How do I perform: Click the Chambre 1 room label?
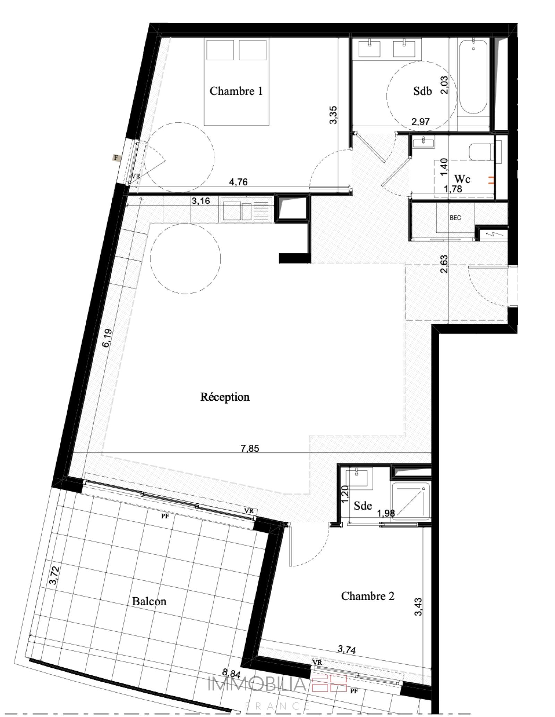pyautogui.click(x=236, y=91)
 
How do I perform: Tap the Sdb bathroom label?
pyautogui.click(x=422, y=91)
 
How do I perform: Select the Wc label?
pyautogui.click(x=462, y=179)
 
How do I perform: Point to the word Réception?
pyautogui.click(x=225, y=397)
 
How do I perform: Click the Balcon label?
pyautogui.click(x=149, y=601)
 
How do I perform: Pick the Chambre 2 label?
pyautogui.click(x=368, y=596)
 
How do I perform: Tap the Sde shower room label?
pyautogui.click(x=363, y=506)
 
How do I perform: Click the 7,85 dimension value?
pyautogui.click(x=250, y=449)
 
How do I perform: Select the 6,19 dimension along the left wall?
pyautogui.click(x=107, y=338)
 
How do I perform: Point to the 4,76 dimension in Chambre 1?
pyautogui.click(x=238, y=182)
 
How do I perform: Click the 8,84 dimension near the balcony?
pyautogui.click(x=231, y=674)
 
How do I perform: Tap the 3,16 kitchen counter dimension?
pyautogui.click(x=201, y=201)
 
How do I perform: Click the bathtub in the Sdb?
pyautogui.click(x=473, y=77)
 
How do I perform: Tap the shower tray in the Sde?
pyautogui.click(x=411, y=502)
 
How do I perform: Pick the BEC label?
pyautogui.click(x=455, y=218)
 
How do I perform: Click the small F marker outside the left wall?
pyautogui.click(x=116, y=158)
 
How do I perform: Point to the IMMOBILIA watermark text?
pyautogui.click(x=257, y=684)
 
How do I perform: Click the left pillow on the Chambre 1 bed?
pyautogui.click(x=220, y=50)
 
